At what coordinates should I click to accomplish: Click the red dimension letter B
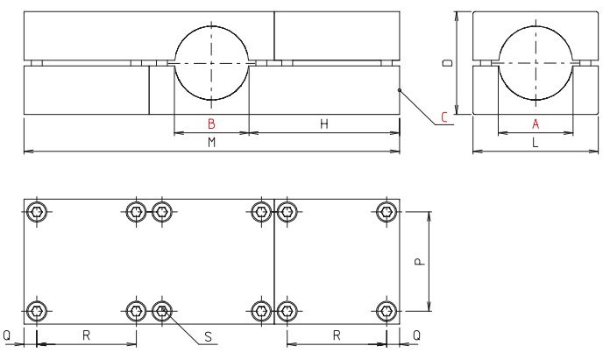(210, 124)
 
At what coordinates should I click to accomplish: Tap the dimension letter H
(323, 124)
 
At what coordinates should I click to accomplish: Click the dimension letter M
(211, 143)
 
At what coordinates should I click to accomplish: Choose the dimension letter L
(534, 143)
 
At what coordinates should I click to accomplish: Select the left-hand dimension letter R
(86, 335)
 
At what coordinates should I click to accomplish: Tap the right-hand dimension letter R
(337, 335)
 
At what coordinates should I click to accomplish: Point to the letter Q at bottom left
(8, 335)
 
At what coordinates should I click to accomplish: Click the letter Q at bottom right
(416, 335)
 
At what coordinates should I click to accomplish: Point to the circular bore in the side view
(535, 64)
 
